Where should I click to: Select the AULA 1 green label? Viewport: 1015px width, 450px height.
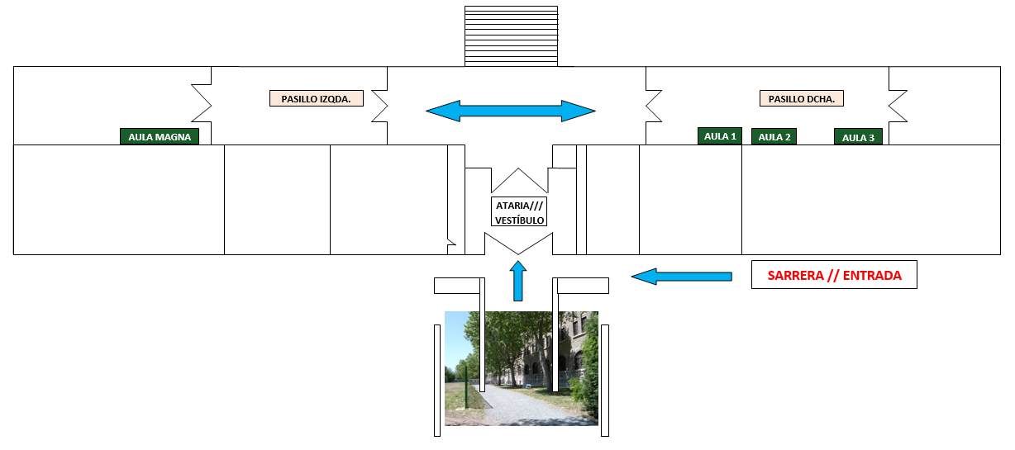[x=720, y=136]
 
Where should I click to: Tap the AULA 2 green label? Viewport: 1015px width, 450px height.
[x=774, y=137]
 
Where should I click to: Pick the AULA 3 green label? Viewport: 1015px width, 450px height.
[x=858, y=137]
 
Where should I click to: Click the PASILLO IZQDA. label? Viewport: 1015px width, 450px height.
[x=316, y=98]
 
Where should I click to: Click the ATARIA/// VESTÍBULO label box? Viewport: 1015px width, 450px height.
[x=519, y=212]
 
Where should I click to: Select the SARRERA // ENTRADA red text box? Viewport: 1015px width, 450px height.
[x=834, y=275]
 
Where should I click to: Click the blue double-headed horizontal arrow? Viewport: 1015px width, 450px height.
[x=510, y=111]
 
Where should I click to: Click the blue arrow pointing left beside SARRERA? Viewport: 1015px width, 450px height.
[x=682, y=276]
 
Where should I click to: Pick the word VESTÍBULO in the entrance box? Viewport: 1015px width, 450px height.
[x=519, y=220]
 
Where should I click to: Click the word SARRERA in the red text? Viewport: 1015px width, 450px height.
[x=796, y=275]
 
